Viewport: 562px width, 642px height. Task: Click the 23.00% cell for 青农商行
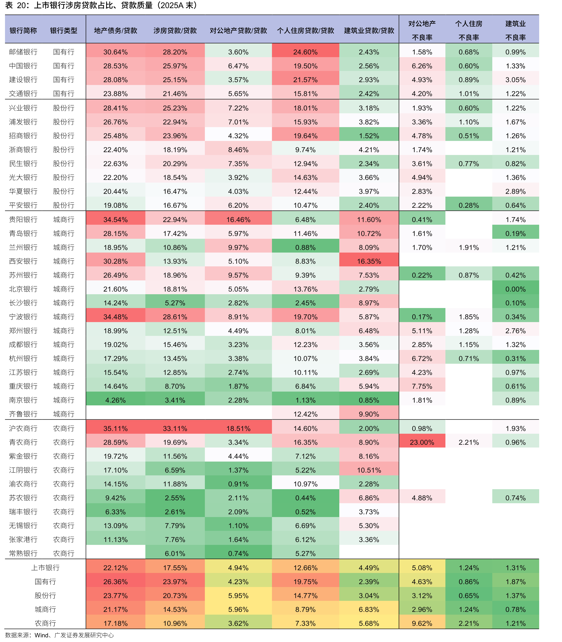[x=422, y=442]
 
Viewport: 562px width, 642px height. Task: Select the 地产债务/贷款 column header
[x=115, y=30]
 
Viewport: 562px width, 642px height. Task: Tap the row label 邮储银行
[x=23, y=52]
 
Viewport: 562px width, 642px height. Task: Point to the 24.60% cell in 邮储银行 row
[x=306, y=52]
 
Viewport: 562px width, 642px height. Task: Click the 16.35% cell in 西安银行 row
[x=369, y=261]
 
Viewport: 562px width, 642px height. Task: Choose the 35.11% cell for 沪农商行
[x=115, y=428]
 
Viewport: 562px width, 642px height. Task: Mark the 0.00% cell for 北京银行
[x=515, y=289]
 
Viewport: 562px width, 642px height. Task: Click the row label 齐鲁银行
[x=23, y=414]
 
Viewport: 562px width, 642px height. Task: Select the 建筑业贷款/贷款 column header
[x=369, y=30]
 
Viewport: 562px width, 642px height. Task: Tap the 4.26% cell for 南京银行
[x=115, y=400]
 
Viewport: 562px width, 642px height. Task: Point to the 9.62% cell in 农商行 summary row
[x=422, y=623]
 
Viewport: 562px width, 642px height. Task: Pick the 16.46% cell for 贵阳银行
[x=238, y=219]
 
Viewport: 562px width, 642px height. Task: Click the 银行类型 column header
[x=64, y=30]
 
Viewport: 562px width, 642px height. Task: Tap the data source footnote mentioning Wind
[x=59, y=635]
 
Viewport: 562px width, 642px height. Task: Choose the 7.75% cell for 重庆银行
[x=422, y=386]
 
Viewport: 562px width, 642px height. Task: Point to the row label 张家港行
[x=23, y=539]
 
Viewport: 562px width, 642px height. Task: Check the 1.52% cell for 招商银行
[x=369, y=135]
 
